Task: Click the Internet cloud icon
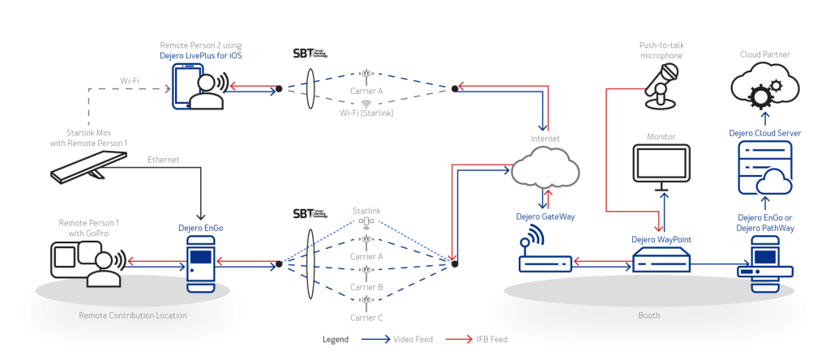pos(545,169)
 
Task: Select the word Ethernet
pos(163,160)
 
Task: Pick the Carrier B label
pos(366,286)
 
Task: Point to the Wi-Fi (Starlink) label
pos(366,114)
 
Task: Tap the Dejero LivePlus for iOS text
pos(201,54)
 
